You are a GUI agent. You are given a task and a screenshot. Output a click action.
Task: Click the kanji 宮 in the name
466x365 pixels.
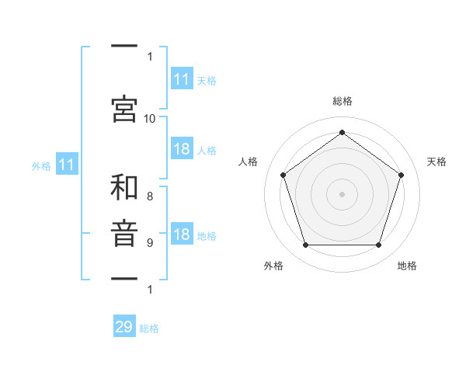click(x=124, y=109)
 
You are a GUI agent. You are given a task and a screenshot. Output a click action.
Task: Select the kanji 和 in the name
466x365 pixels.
click(x=124, y=187)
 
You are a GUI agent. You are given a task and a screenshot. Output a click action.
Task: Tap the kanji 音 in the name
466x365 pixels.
click(x=124, y=234)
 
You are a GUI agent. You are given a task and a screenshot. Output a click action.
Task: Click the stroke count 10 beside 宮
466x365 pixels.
click(x=149, y=119)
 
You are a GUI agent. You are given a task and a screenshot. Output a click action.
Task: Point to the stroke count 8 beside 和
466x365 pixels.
click(x=150, y=196)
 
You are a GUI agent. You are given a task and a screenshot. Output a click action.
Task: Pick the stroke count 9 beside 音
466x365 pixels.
click(x=150, y=243)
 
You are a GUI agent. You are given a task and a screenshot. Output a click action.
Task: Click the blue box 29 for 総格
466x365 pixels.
click(x=124, y=325)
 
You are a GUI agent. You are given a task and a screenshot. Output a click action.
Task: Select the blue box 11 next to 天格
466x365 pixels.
click(x=183, y=78)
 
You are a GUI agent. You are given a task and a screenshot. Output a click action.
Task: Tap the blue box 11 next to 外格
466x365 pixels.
click(x=67, y=164)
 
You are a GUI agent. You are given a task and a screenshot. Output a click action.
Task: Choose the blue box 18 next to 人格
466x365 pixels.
click(x=183, y=148)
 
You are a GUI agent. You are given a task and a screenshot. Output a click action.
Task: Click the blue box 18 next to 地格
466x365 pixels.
click(x=183, y=233)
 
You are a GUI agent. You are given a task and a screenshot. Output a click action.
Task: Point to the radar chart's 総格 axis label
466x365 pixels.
click(x=343, y=101)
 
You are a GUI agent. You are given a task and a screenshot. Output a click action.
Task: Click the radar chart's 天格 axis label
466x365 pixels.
click(x=436, y=162)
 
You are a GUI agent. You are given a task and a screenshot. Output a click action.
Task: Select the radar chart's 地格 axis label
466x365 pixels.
click(x=407, y=266)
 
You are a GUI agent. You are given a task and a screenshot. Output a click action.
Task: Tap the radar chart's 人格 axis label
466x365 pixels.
click(x=248, y=162)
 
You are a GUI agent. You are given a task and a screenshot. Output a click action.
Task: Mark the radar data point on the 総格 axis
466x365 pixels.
click(x=342, y=132)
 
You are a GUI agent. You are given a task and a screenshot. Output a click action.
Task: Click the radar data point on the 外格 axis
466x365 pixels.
click(x=306, y=245)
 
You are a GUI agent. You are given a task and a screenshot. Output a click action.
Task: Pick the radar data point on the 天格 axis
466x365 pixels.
click(x=401, y=175)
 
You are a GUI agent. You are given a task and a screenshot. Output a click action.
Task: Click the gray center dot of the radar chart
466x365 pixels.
click(x=342, y=194)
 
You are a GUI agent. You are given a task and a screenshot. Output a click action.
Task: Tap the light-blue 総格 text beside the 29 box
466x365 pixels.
click(x=149, y=328)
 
